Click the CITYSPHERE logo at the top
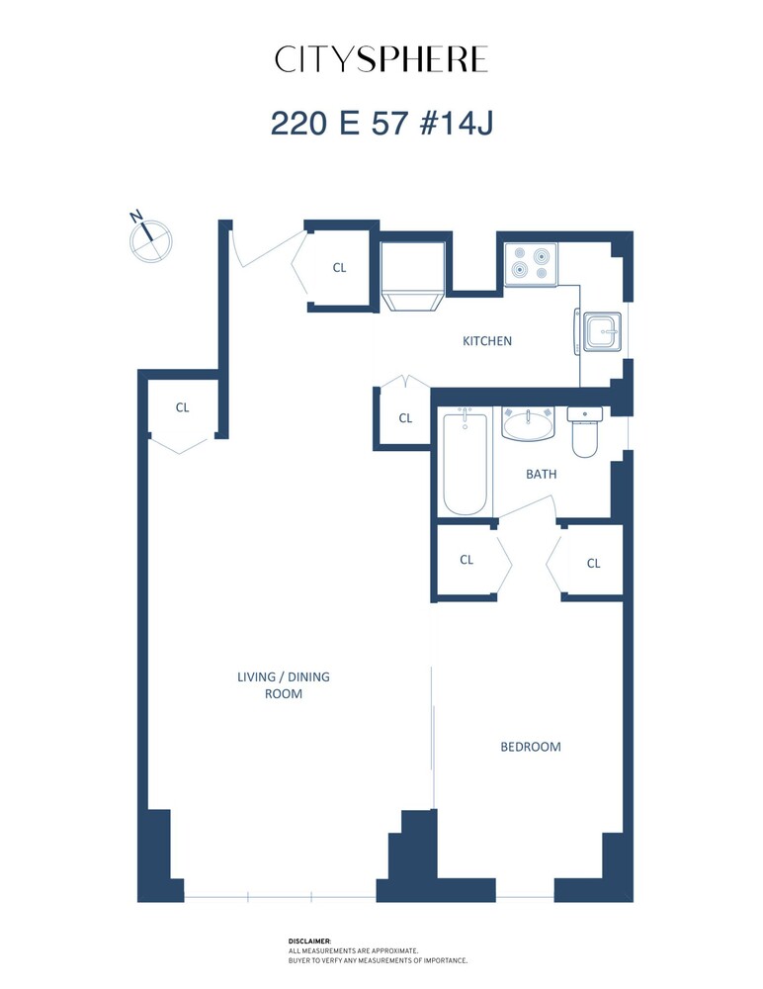point(381,60)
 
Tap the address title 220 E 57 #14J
point(381,124)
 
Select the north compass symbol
point(150,237)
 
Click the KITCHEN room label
point(487,341)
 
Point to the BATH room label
point(541,474)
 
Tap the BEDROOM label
point(530,747)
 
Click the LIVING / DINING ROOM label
point(283,685)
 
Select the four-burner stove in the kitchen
point(530,264)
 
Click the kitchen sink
point(601,331)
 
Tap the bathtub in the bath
point(466,463)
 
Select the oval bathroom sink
point(530,424)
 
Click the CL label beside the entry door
point(339,267)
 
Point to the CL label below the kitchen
point(405,418)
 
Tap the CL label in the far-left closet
point(182,407)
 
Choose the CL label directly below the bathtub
point(466,560)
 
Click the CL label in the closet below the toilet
point(593,564)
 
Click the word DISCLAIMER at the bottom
point(309,942)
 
